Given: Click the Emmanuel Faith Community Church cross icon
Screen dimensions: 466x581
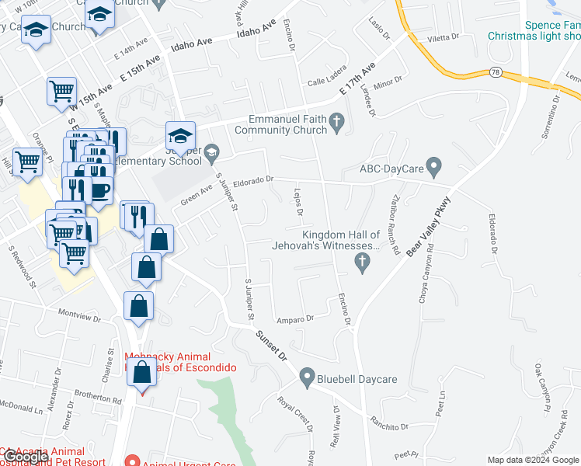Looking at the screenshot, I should pos(336,122).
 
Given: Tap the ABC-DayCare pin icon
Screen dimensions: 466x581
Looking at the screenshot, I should pos(434,166).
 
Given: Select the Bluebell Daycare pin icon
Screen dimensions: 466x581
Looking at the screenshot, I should pos(307,379).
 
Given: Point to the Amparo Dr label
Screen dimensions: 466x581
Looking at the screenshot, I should pos(294,318).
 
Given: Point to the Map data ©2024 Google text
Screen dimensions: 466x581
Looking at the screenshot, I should pos(532,460).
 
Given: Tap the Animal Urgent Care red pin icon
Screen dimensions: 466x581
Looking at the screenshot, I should pos(131,462).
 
